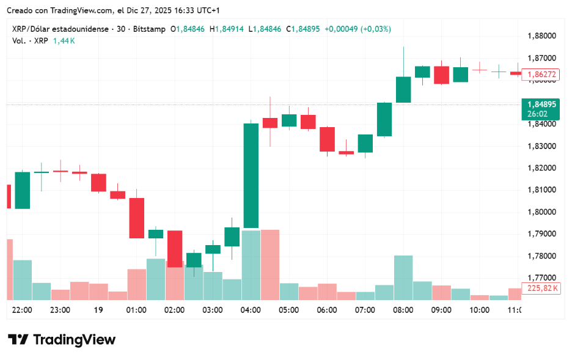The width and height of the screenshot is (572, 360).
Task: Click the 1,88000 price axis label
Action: [x=541, y=36]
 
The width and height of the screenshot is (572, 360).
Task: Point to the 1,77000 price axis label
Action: [x=541, y=277]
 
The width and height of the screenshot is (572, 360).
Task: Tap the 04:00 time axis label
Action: [x=251, y=310]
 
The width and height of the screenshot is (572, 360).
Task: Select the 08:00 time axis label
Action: [x=403, y=310]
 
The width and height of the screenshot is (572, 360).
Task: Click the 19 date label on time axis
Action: [x=98, y=310]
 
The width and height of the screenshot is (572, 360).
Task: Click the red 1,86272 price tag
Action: [x=541, y=75]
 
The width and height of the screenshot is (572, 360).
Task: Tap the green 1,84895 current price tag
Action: [x=541, y=104]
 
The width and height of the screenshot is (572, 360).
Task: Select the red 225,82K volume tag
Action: [x=541, y=288]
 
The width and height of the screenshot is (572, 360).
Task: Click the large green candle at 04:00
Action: [x=251, y=175]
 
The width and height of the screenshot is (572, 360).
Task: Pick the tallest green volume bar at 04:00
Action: [x=251, y=265]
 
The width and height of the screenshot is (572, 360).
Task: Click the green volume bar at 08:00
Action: [x=403, y=277]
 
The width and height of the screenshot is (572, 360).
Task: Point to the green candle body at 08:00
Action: [x=403, y=89]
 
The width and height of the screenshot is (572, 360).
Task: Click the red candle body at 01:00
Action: [x=136, y=218]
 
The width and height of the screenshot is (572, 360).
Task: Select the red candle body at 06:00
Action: [x=327, y=139]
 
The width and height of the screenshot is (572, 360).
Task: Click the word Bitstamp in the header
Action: [x=149, y=29]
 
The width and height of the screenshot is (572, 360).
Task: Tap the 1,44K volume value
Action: [x=64, y=40]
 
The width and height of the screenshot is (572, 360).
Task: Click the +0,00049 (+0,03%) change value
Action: [x=358, y=29]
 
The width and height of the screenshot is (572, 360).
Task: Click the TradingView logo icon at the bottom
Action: [x=18, y=340]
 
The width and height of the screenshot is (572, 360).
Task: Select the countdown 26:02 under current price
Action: [x=538, y=114]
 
